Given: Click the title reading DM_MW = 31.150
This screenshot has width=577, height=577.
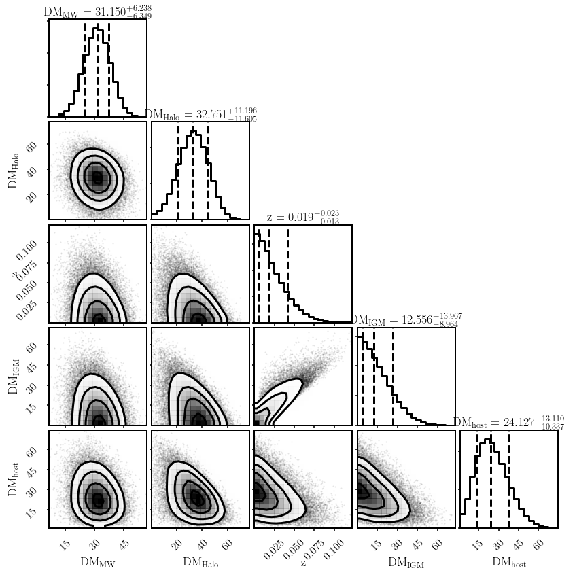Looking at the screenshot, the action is (97, 12).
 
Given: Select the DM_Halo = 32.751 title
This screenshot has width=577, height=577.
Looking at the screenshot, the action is (200, 115).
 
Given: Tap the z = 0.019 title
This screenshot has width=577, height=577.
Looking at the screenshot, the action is (302, 217).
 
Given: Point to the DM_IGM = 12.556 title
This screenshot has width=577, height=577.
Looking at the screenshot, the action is (406, 320).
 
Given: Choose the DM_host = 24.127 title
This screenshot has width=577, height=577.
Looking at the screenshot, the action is (508, 423).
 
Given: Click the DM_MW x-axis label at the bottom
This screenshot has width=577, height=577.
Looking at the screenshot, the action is (98, 563).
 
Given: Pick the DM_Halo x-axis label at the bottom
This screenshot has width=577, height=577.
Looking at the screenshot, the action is (200, 563).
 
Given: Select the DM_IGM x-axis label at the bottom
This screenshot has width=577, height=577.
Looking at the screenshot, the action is (406, 563).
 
